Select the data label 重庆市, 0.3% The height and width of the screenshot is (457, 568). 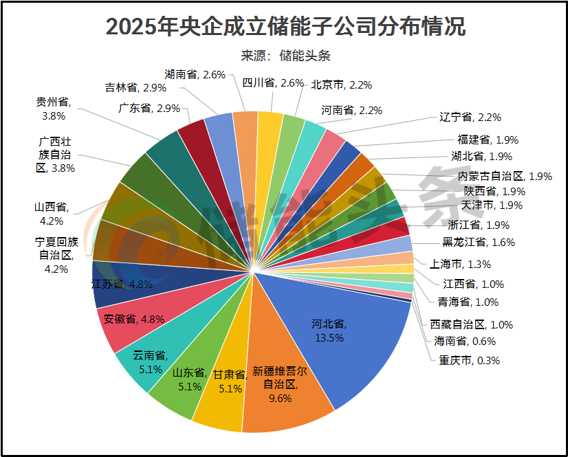point(465,360)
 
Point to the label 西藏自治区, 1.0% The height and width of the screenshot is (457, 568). point(471,324)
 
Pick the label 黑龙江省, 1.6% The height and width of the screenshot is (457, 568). point(478,242)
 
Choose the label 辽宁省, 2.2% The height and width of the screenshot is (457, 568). point(474,117)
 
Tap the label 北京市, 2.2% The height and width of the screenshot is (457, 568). point(341,85)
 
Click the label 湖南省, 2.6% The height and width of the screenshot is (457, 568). point(195,74)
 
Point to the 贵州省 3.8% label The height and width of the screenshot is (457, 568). point(53,109)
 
